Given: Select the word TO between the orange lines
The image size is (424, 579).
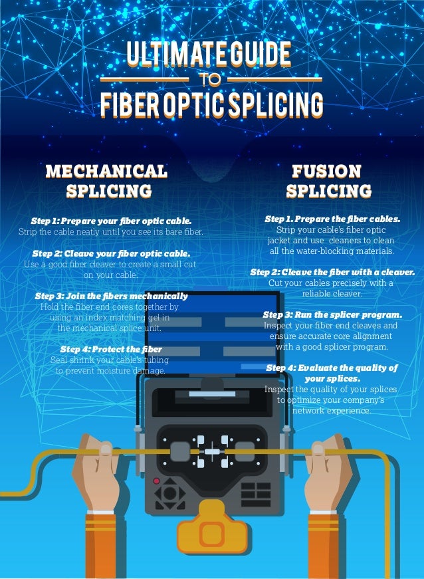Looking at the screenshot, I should point(213,80).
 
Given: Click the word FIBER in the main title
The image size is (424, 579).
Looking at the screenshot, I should point(130,104).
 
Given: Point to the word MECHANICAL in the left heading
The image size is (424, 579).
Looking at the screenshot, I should point(106,171).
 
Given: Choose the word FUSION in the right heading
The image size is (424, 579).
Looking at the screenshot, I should point(328,171).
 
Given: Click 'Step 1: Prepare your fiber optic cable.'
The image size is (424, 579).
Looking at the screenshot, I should point(111,220).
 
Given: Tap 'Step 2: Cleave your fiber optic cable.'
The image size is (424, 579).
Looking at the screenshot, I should point(111,253).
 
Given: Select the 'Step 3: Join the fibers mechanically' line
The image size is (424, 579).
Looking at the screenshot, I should point(111,296).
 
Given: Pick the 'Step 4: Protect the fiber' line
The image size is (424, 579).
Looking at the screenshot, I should point(111,349).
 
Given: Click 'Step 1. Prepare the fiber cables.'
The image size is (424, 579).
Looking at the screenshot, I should point(332,218).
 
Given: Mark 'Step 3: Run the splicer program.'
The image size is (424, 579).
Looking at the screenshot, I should point(332,314).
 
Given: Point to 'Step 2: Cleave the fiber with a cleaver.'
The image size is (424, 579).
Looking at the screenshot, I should point(332,273).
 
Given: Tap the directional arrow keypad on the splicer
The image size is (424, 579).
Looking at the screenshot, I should point(170,494).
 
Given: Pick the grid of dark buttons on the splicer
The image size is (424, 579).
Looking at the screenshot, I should point(256,494).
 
